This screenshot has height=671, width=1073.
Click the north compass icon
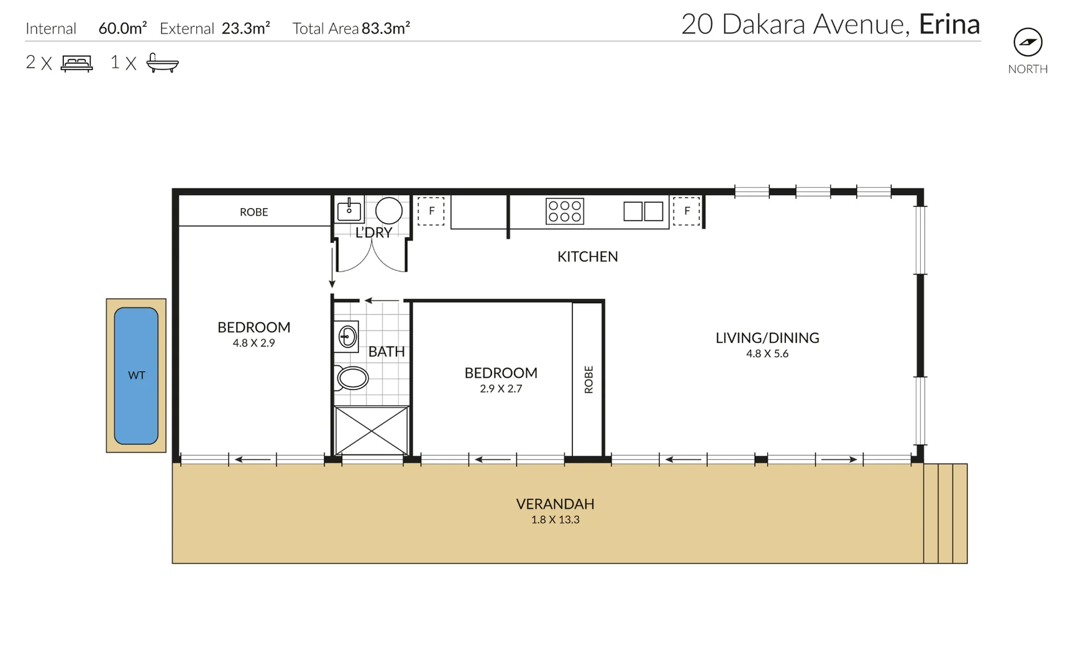1028,42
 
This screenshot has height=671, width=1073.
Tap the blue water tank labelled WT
136,375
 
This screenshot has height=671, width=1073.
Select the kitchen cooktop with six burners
565,211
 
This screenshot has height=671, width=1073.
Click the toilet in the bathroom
352,378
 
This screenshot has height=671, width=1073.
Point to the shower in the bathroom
372,431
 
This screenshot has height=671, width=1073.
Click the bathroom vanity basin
347,337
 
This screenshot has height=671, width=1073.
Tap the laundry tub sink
349,211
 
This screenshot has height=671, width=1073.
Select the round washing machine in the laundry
389,211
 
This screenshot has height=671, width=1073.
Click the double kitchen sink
643,211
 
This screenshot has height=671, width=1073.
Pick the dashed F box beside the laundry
431,211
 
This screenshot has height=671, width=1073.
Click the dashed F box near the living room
687,211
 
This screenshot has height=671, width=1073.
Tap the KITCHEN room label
587,257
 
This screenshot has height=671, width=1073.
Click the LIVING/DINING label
767,338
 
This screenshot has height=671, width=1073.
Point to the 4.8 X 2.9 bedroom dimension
253,343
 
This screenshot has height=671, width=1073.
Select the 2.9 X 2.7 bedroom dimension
501,389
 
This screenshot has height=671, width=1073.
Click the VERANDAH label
555,504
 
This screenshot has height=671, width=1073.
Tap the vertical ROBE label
588,380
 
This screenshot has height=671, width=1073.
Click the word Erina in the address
949,25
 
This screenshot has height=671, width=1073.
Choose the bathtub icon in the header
162,63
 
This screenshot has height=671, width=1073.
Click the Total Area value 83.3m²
385,28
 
